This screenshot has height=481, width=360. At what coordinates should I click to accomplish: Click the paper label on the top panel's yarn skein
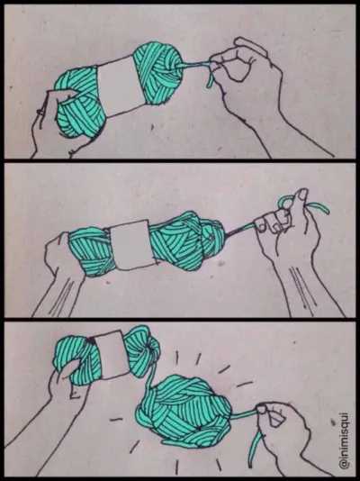(x=120, y=86)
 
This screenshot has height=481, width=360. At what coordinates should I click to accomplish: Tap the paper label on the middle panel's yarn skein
(x=132, y=245)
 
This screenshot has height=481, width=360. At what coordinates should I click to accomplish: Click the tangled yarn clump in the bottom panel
(x=184, y=411)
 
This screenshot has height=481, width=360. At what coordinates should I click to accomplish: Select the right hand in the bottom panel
(x=285, y=436)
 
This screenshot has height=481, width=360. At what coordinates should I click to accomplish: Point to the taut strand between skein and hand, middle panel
(x=240, y=230)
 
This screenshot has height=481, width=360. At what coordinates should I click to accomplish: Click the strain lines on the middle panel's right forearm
(x=301, y=286)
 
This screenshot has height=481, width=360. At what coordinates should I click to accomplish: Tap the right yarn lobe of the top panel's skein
(x=158, y=73)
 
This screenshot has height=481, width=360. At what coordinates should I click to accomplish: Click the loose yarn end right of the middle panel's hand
(x=319, y=207)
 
